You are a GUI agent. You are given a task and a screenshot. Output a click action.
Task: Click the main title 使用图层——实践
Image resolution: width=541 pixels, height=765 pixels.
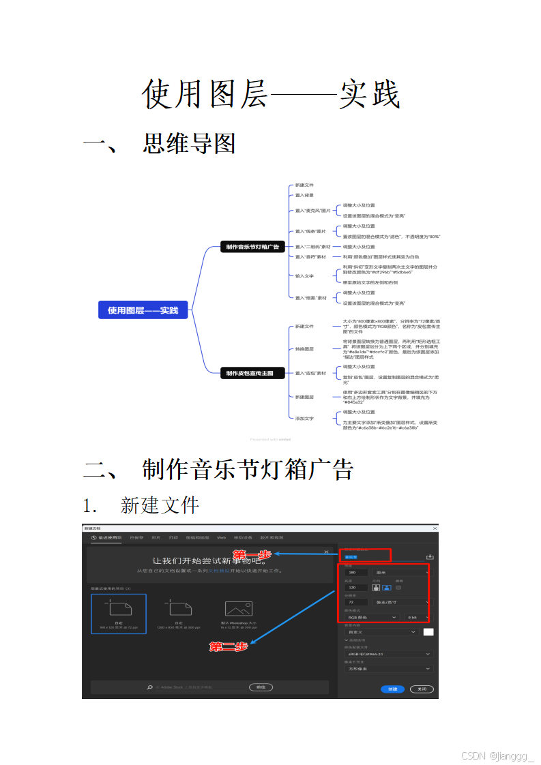pos(270,95)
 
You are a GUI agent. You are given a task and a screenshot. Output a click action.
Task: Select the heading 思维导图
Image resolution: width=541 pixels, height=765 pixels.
pos(189,143)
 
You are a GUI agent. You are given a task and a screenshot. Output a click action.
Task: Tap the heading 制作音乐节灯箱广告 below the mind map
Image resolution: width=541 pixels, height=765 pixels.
pos(248,469)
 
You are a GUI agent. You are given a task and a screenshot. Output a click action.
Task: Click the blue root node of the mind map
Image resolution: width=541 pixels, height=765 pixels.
pos(143,310)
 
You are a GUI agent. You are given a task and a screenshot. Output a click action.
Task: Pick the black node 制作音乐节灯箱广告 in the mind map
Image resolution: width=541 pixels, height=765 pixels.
pos(252,247)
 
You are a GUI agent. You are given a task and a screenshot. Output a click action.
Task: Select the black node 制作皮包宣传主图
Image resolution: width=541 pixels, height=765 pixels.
pos(252,373)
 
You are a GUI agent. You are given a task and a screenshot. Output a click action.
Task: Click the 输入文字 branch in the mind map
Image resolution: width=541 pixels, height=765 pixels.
pos(304,275)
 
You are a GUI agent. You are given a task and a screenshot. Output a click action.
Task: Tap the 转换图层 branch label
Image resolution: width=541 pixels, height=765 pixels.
pos(304,348)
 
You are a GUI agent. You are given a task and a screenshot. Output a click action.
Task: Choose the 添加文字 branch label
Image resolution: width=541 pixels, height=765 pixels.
pos(304,418)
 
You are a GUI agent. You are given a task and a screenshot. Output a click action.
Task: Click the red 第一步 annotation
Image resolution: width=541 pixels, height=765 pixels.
pos(252,554)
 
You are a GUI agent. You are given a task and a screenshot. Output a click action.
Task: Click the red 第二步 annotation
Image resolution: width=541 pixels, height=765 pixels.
pos(228,646)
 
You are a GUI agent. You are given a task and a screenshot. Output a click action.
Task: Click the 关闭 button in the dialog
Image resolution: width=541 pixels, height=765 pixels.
pos(422,689)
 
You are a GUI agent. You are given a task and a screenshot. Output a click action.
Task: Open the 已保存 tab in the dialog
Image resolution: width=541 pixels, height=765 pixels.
pos(136,538)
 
